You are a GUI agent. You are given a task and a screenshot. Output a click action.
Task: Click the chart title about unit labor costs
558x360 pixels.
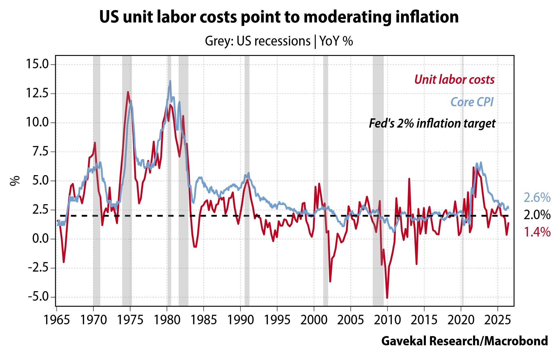(x=279, y=17)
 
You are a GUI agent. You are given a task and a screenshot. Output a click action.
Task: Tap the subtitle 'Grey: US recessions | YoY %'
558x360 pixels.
(x=279, y=41)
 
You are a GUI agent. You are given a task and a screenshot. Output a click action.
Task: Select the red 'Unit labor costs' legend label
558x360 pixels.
(x=454, y=79)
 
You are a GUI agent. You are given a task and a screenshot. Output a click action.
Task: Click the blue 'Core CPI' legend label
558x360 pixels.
(x=472, y=102)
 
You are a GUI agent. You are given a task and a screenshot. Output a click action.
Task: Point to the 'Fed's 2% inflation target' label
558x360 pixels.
(x=432, y=123)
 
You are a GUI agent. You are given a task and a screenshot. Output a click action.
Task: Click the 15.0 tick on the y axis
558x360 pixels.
(x=37, y=64)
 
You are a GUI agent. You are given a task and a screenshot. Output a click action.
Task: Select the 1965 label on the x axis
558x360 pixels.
(x=56, y=320)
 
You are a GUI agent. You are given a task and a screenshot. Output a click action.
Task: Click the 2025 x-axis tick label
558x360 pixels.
(x=498, y=320)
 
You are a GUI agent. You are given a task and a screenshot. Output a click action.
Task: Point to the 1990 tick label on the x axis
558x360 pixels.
(x=240, y=320)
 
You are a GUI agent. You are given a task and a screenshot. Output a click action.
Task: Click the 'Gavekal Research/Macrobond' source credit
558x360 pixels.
(x=464, y=341)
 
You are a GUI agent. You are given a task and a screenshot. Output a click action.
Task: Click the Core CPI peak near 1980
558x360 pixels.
(x=170, y=81)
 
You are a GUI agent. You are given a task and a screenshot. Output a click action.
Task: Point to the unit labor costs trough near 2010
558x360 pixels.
(x=387, y=298)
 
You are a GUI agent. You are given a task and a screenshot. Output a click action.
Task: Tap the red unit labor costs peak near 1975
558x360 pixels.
(x=128, y=92)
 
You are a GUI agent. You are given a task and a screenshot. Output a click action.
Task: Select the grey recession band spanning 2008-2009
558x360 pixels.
(x=378, y=181)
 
